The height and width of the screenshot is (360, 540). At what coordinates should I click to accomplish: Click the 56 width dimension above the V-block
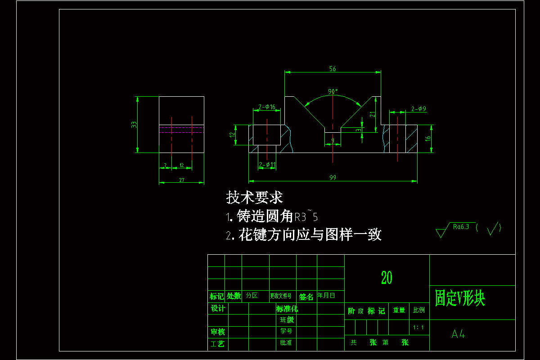pos(333,69)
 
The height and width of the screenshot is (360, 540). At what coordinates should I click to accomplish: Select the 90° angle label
pos(333,91)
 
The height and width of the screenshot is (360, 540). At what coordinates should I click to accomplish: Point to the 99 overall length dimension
pos(333,178)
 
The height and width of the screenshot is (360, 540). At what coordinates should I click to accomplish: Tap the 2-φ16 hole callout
pos(267,107)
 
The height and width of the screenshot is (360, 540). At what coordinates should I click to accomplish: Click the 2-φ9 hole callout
pos(418,108)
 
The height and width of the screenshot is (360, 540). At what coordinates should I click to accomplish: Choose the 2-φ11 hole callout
pos(267,165)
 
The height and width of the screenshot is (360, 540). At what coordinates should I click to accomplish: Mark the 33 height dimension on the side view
pos(134,125)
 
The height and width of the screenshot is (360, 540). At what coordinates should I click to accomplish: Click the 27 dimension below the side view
pos(182,180)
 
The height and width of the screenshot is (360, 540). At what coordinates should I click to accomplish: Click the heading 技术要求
pos(254,198)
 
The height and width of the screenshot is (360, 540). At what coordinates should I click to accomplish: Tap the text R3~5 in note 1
pos(306,217)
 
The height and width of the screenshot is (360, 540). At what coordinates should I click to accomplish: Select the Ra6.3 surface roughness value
pos(461,226)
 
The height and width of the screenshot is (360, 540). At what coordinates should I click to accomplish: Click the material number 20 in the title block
pos(387,278)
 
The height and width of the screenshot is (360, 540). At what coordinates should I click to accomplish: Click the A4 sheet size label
pos(458,334)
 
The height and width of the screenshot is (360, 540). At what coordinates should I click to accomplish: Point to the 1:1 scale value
pos(418,327)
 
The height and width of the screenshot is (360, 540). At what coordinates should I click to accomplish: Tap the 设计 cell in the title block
pos(218,308)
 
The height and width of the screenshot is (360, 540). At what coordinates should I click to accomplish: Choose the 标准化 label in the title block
pos(287,309)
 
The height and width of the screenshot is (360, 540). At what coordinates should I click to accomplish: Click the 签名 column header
pos(306,297)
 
